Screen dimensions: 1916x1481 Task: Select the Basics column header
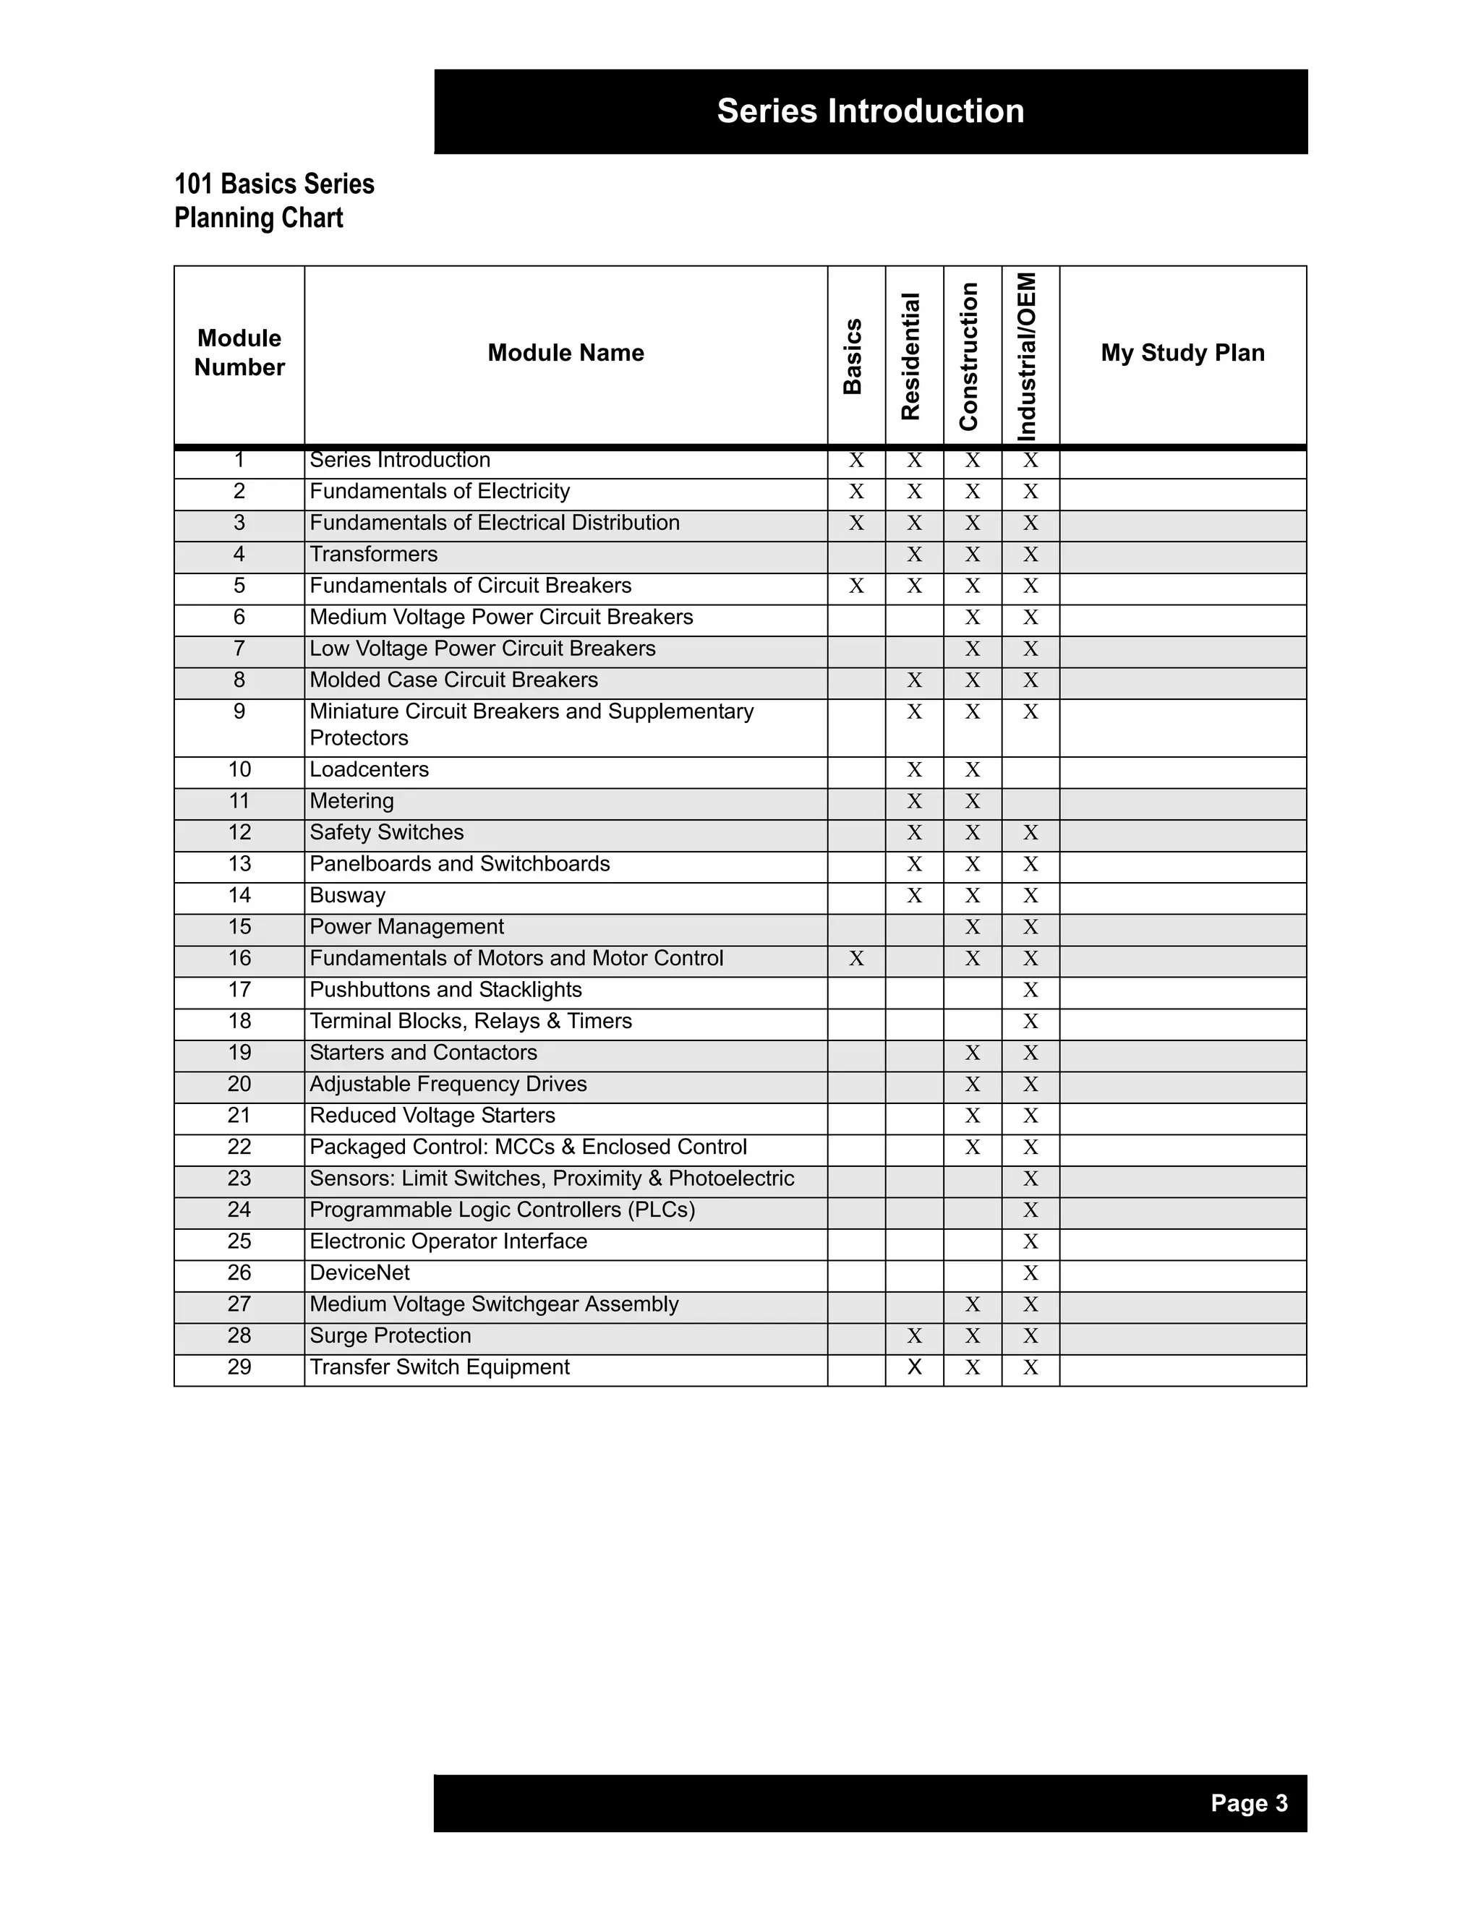point(853,356)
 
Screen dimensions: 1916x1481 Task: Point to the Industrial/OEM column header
point(1028,356)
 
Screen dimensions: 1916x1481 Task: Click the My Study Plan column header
point(1182,353)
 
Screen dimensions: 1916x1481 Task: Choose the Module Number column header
point(239,353)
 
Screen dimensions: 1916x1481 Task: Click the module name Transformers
point(373,555)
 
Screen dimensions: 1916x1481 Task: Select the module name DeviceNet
point(359,1273)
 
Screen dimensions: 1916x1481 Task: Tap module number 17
point(239,990)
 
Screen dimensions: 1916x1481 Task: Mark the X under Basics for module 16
point(856,959)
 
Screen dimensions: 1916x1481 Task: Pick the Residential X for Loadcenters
point(914,770)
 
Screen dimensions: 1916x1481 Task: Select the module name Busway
point(347,896)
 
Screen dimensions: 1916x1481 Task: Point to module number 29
point(239,1367)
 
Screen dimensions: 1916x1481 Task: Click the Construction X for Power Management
point(972,928)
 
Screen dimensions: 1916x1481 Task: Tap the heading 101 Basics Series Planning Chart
point(274,201)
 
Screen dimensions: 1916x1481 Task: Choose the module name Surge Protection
point(390,1335)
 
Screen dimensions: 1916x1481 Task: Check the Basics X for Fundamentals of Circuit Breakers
point(856,586)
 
